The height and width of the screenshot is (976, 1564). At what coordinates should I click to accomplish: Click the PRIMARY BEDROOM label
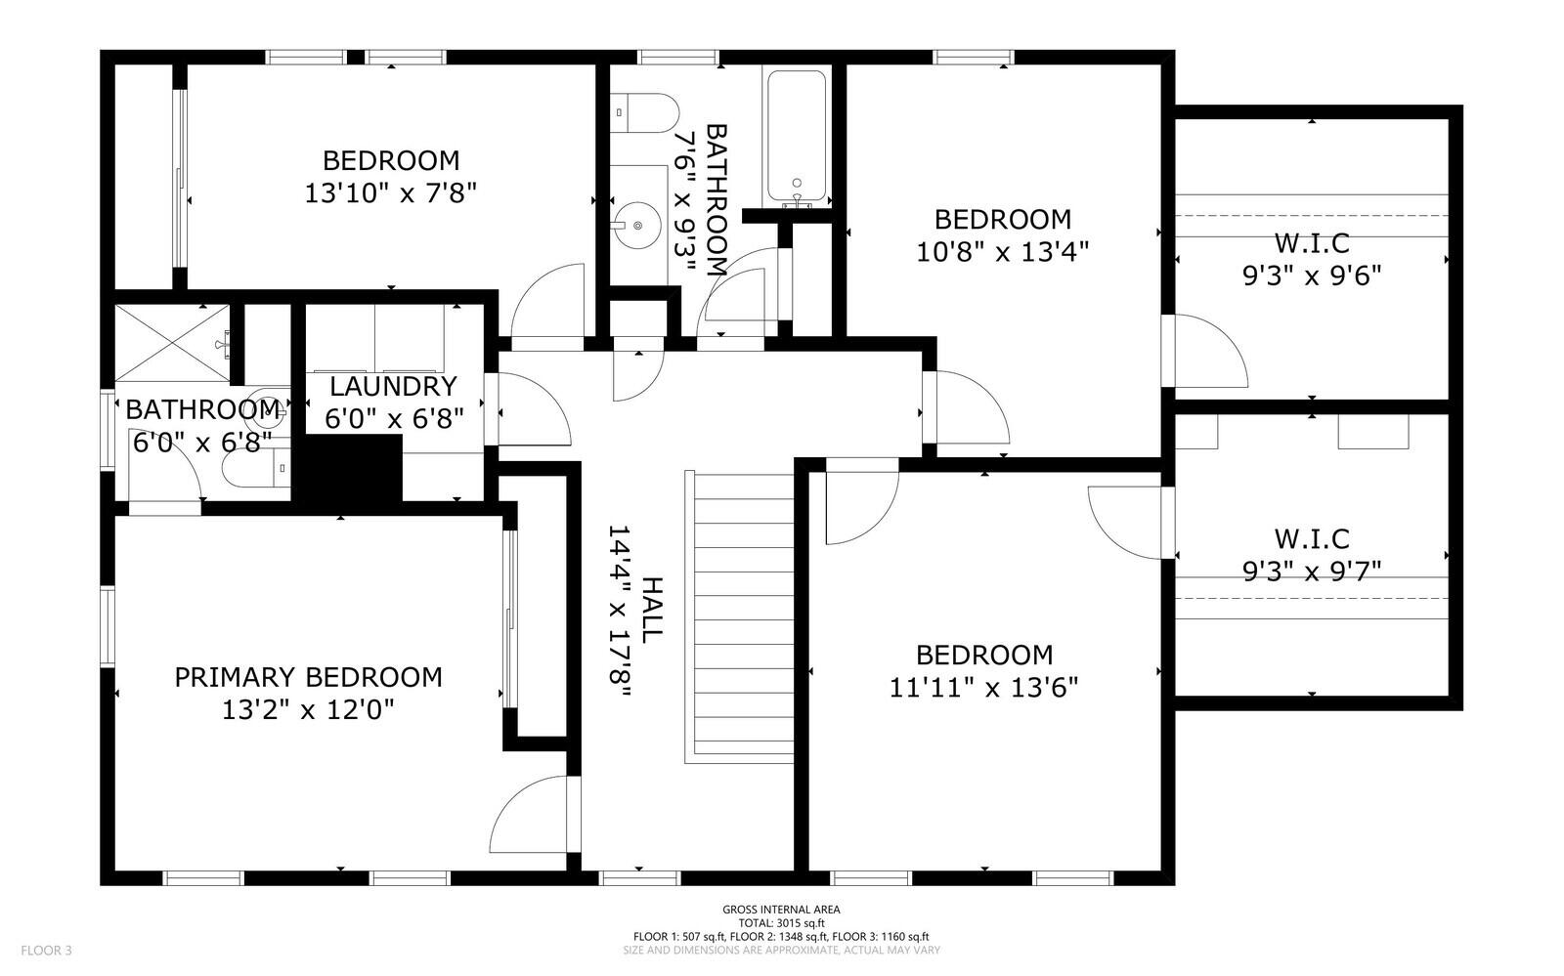tap(308, 677)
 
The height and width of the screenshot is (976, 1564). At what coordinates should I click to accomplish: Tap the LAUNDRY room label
tap(393, 386)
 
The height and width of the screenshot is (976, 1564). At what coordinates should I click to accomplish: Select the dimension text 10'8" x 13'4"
tap(1003, 252)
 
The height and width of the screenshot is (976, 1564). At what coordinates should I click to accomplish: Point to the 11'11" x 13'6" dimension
tap(983, 688)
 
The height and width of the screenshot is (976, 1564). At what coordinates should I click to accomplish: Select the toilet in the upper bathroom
tap(644, 113)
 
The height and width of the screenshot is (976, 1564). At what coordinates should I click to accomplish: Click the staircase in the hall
tap(740, 616)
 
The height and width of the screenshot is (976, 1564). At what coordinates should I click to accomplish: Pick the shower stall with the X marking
tap(172, 343)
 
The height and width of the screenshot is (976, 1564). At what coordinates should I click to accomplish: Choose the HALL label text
tap(652, 611)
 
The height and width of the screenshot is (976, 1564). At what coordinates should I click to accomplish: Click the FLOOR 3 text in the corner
tap(46, 951)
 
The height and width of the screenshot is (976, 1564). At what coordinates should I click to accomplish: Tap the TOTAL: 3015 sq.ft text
tap(781, 923)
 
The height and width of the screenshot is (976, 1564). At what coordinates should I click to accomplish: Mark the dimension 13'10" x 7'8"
tap(391, 193)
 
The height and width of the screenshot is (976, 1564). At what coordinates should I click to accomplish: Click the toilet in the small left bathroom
tap(256, 467)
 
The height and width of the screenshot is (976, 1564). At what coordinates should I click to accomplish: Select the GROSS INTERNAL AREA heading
tap(781, 910)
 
